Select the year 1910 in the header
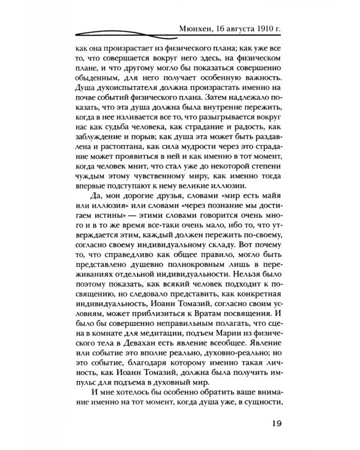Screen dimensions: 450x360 click(x=265, y=28)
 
